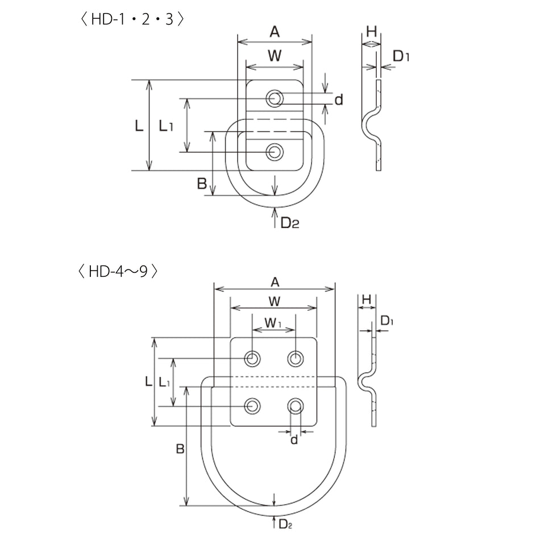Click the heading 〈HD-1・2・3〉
coord(132,19)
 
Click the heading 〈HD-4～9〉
coord(118,271)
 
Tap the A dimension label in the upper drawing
coord(275,32)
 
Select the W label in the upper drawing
coord(275,56)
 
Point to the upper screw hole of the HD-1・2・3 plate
coord(275,98)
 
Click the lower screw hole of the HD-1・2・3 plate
coord(275,152)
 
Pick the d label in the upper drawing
coord(339,99)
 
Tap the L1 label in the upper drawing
coord(165,126)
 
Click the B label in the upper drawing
coord(202,184)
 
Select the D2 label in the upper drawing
coord(290,223)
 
